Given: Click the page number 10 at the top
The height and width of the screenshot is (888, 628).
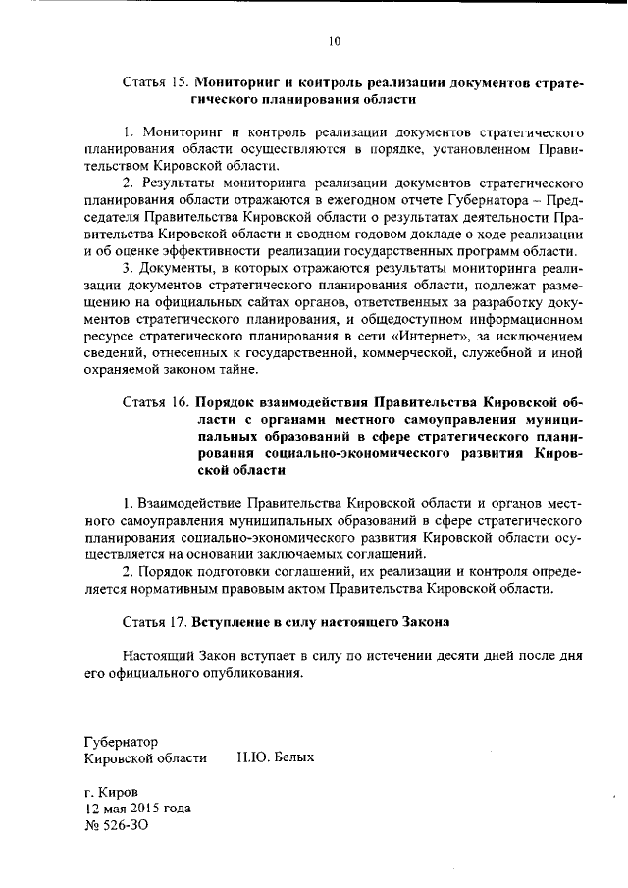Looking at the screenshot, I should pyautogui.click(x=334, y=41).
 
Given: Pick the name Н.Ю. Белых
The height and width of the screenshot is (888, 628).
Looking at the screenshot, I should pyautogui.click(x=276, y=757).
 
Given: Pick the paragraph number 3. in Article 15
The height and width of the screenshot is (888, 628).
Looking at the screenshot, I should pyautogui.click(x=129, y=268).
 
